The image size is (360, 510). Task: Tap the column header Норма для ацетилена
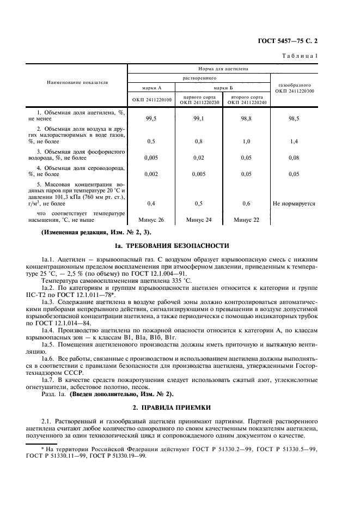(x=223, y=69)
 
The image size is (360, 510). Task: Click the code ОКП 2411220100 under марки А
(x=151, y=100)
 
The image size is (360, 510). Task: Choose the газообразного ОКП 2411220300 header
(x=294, y=88)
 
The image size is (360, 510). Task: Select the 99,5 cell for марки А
(x=151, y=118)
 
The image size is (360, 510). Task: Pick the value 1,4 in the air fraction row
(x=294, y=141)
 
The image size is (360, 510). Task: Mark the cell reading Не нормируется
(x=294, y=204)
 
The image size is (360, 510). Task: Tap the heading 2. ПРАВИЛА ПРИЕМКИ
(x=180, y=407)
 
